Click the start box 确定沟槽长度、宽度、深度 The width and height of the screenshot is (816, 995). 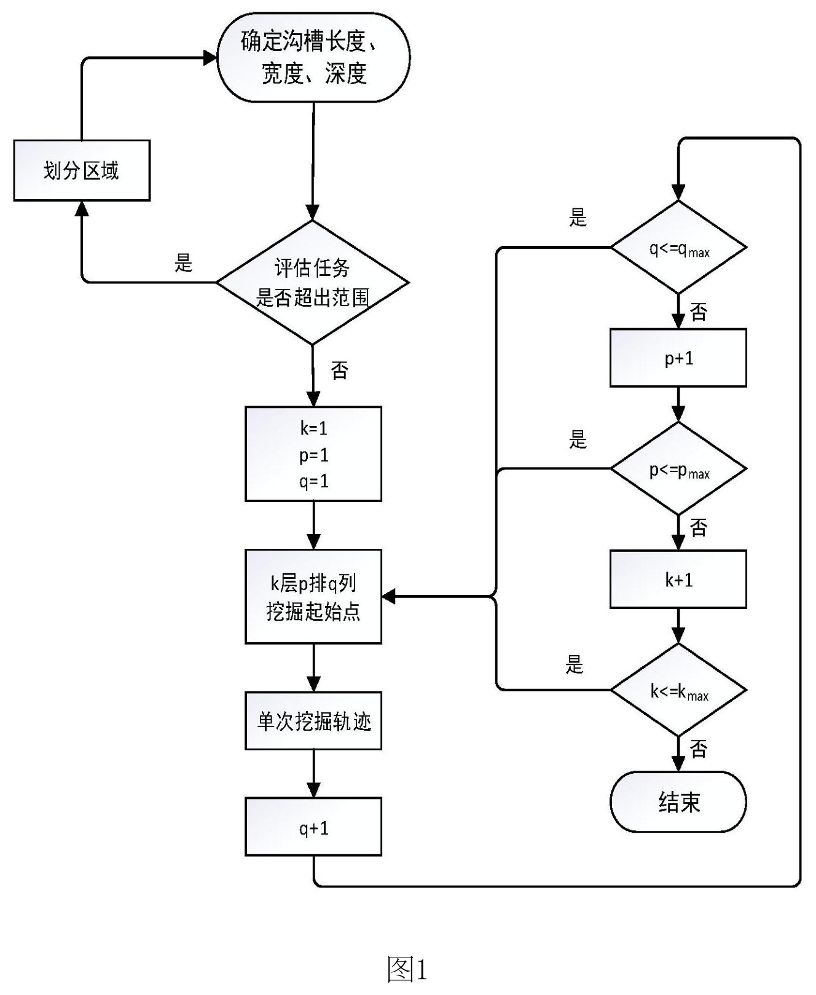313,58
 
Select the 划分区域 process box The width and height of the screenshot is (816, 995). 82,170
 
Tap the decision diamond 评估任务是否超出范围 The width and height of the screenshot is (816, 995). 313,283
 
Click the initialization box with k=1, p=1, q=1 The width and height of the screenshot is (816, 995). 313,454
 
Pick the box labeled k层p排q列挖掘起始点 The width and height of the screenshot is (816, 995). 313,596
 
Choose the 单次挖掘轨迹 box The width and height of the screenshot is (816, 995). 313,721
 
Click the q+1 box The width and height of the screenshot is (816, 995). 313,827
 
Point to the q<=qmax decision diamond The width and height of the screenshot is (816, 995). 678,248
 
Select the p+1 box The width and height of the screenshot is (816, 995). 678,358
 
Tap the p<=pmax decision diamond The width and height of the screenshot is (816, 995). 678,469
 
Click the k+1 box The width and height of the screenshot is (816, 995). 678,579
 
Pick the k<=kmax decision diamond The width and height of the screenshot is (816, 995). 678,690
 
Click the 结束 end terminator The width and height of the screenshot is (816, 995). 678,802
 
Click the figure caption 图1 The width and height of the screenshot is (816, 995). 407,969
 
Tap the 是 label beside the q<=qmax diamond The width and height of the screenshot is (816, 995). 578,218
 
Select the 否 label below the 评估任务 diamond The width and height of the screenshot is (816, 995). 340,370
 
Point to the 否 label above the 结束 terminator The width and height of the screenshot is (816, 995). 699,749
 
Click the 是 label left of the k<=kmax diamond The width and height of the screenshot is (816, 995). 574,664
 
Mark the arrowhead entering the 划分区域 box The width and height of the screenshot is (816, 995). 82,208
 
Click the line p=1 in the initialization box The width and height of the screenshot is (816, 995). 314,455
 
